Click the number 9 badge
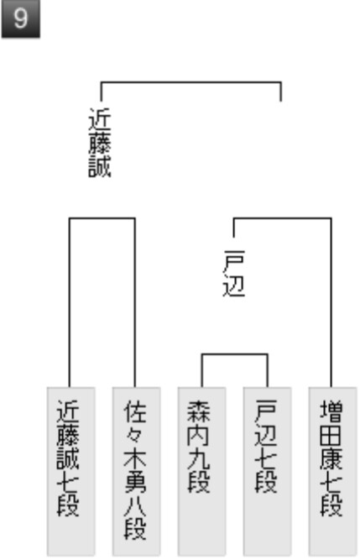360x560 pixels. [x=20, y=18]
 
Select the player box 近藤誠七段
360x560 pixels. [x=71, y=471]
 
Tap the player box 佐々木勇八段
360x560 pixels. [x=136, y=471]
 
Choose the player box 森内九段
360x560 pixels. [x=201, y=471]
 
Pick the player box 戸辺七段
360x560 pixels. [x=267, y=471]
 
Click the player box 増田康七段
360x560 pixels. [x=332, y=471]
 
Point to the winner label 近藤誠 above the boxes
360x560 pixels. [x=100, y=143]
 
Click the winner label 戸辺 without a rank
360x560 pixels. [x=234, y=274]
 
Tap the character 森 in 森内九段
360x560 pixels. [x=198, y=411]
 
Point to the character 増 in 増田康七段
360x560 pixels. [x=331, y=411]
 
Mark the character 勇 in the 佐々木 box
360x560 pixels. [x=135, y=481]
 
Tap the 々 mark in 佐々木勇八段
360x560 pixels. [x=135, y=434]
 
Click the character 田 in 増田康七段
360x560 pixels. [x=331, y=434]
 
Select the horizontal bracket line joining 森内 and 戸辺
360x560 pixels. [x=234, y=354]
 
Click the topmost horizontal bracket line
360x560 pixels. [x=190, y=82]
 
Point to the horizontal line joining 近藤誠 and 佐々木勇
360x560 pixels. [x=102, y=217]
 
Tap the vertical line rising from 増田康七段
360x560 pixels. [x=331, y=302]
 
